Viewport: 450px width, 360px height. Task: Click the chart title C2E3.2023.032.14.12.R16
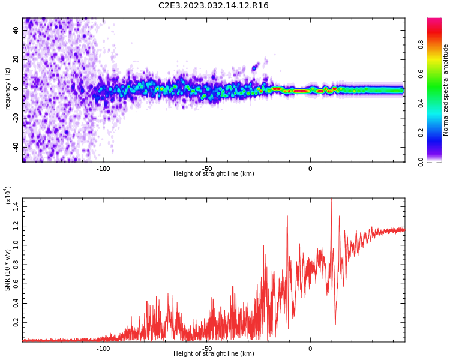click(x=214, y=6)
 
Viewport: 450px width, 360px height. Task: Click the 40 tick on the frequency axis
click(x=16, y=29)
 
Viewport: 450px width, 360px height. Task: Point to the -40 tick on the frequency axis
click(x=15, y=147)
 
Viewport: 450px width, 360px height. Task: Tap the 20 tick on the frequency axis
click(x=16, y=59)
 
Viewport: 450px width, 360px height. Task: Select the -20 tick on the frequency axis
click(x=15, y=118)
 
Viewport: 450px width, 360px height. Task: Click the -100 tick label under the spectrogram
click(x=103, y=169)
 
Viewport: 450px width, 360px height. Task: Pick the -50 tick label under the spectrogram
click(x=206, y=169)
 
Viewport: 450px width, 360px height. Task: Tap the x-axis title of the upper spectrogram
click(x=214, y=174)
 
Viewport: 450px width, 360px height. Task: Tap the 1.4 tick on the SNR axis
click(x=16, y=206)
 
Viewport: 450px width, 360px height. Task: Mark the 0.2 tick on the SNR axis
click(x=16, y=322)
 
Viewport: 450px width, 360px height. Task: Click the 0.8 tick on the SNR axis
click(x=16, y=265)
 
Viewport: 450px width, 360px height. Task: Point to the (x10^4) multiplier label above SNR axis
click(x=8, y=195)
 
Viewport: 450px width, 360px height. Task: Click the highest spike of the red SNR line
click(x=331, y=200)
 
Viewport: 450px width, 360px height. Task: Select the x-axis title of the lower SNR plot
click(x=214, y=354)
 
